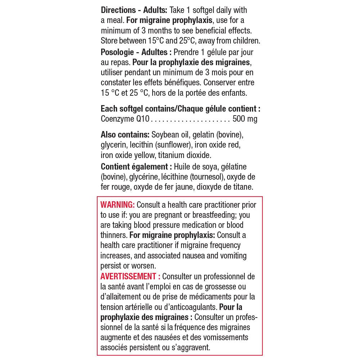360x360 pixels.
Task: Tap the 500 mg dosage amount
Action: tap(245, 119)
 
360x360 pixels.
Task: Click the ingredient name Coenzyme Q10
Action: tap(125, 119)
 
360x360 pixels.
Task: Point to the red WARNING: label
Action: tap(117, 205)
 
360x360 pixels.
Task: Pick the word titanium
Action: tap(171, 155)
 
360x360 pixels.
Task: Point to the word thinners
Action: tap(113, 235)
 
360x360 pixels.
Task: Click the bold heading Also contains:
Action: tap(125, 135)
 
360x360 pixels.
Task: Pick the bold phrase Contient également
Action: tap(134, 167)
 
